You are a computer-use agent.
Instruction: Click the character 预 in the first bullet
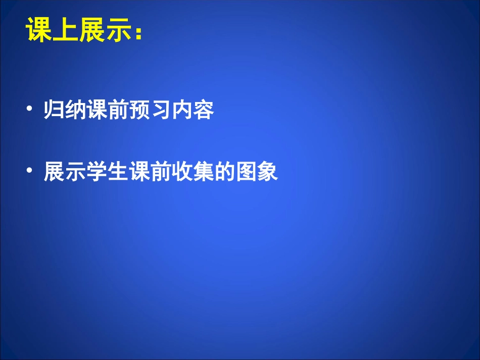[x=139, y=110]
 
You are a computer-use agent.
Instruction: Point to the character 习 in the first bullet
[x=161, y=110]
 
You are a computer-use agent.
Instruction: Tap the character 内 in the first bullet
[x=182, y=110]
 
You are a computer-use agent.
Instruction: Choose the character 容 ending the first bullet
[x=204, y=110]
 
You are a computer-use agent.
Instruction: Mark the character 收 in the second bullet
[x=182, y=172]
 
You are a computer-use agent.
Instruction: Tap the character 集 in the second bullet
[x=204, y=172]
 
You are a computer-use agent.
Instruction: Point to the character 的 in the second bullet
[x=225, y=172]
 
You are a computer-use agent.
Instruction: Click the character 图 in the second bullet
[x=247, y=172]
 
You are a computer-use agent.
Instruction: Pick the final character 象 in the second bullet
[x=268, y=172]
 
